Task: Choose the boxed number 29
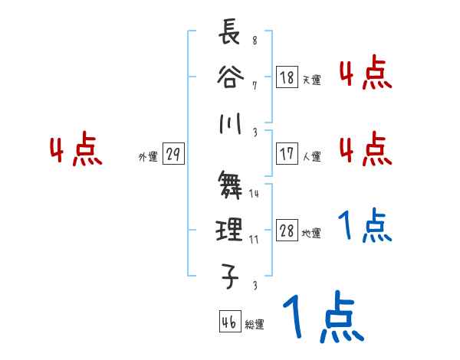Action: point(173,155)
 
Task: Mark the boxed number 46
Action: point(229,322)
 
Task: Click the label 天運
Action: point(311,80)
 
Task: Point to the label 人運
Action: point(311,156)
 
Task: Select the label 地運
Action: point(311,234)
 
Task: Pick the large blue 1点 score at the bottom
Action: point(321,317)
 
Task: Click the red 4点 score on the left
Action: point(75,151)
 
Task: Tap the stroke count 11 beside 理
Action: point(254,240)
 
